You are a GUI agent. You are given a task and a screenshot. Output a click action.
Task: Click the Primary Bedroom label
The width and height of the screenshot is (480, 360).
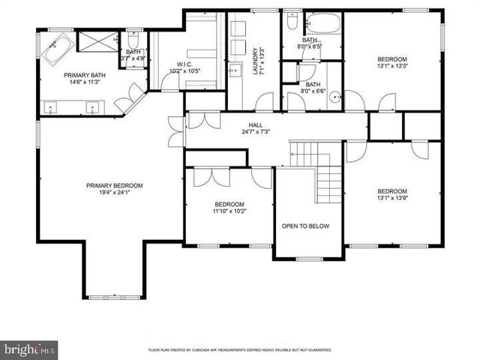point(114,186)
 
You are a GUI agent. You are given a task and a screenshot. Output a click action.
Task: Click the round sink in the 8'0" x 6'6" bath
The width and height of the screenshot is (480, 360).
point(334,95)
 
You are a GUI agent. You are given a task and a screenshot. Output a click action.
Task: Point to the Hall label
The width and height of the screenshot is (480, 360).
point(256,125)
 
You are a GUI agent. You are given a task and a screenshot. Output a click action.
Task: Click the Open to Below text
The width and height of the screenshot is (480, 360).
point(305,226)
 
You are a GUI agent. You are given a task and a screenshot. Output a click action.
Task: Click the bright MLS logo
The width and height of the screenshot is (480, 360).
point(29,349)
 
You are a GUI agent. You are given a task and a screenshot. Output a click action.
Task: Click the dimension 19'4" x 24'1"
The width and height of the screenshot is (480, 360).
point(114,194)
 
